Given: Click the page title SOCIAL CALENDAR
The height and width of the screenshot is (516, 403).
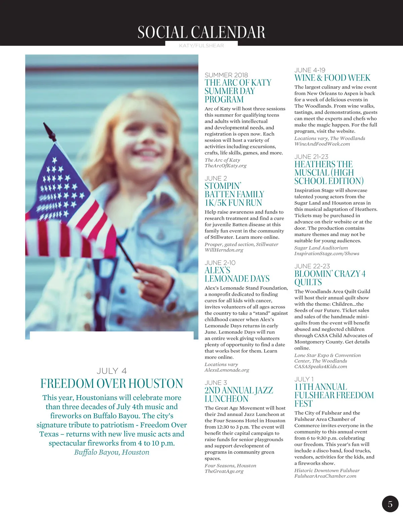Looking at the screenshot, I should (201, 33).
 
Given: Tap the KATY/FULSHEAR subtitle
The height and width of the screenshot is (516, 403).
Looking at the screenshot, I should (201, 46).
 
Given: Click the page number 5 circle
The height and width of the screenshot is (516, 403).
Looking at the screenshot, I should (390, 504).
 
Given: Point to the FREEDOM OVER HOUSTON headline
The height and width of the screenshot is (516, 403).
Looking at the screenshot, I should (111, 383).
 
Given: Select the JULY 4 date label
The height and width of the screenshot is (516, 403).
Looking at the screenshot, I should (111, 371).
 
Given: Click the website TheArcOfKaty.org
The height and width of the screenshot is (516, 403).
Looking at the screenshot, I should (225, 166).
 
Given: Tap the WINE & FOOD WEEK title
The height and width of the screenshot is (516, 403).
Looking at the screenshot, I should (332, 78).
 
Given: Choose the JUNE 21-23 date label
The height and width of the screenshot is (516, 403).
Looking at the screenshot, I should (311, 157).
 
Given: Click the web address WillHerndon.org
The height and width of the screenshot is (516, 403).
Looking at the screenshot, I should (224, 250).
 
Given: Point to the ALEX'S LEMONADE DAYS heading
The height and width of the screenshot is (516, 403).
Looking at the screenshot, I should (237, 274).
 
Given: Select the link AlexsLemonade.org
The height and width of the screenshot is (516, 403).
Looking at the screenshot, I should (227, 370).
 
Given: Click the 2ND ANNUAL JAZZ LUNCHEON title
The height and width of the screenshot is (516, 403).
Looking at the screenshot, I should (238, 395).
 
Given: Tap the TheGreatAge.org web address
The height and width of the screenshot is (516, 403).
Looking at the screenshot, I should (224, 471).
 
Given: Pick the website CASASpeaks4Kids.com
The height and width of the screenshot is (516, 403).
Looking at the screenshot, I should (320, 366).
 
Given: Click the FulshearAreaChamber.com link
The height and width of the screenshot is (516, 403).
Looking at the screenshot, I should (325, 476).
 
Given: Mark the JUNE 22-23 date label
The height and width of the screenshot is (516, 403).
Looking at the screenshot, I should (312, 266).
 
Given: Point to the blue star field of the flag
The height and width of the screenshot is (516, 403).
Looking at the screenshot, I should (57, 188).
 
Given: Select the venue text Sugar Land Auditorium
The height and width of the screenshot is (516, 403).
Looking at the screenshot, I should (321, 248).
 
